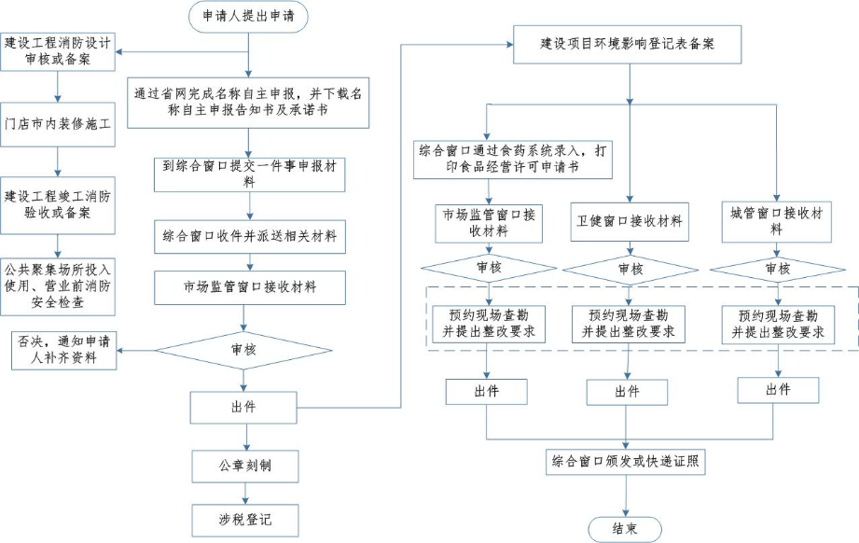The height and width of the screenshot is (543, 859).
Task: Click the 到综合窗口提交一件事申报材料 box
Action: pos(248,174)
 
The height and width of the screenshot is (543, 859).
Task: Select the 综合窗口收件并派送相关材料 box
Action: pos(248,237)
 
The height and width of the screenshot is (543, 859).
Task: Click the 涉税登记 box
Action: pos(246,518)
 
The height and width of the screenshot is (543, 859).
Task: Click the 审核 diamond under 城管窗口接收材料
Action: pos(777,269)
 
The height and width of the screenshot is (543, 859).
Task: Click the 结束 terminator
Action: pos(625,527)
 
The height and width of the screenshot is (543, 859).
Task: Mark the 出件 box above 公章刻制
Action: pos(246,408)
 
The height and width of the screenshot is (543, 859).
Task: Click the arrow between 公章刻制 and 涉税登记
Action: pos(246,491)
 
